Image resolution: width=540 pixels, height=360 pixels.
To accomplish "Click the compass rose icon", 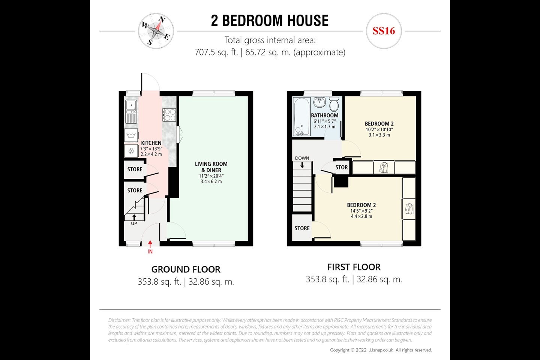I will [156, 31].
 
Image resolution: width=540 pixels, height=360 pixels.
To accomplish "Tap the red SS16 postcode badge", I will [384, 31].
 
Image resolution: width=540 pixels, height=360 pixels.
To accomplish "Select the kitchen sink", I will [131, 106].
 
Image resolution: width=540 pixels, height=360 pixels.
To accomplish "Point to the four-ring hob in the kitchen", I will [169, 114].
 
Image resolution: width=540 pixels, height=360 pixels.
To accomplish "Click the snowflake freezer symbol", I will [131, 151].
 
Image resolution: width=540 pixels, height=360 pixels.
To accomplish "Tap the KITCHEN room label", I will [151, 143].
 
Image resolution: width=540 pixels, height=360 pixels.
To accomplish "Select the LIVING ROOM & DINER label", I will [211, 167].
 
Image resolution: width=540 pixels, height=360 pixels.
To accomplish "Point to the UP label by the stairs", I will [134, 223].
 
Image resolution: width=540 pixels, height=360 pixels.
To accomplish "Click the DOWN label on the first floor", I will [302, 158].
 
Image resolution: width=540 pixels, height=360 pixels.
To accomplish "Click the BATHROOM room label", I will [324, 115].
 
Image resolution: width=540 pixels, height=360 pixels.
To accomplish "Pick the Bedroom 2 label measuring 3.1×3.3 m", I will [379, 124].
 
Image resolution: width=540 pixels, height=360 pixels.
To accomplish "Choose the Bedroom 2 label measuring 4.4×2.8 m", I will [361, 205].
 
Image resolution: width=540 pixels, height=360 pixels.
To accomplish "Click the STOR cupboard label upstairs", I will [341, 167].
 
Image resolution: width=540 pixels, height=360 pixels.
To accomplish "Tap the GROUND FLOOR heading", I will [186, 269].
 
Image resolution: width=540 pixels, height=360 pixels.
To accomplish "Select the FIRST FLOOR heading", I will [354, 267].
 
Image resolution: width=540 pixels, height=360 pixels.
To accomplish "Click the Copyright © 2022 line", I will [381, 350].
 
